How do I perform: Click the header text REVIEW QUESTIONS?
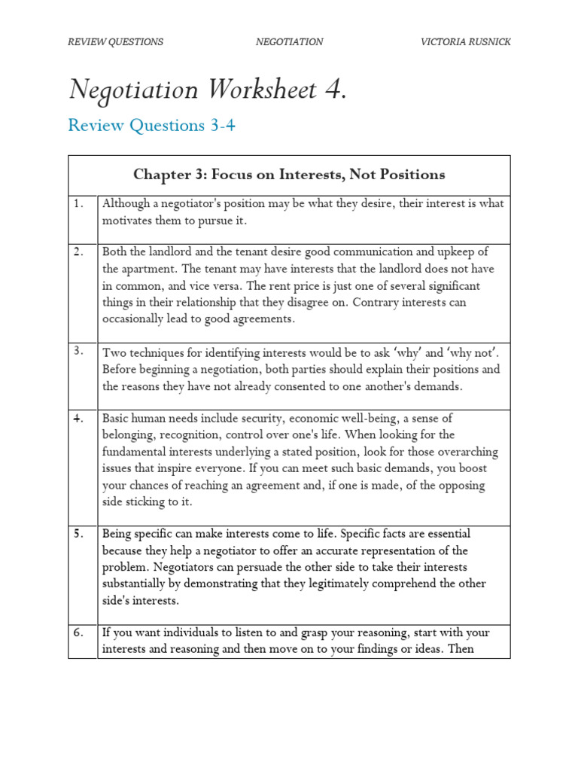pyautogui.click(x=115, y=42)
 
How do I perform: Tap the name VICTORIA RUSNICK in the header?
pyautogui.click(x=465, y=42)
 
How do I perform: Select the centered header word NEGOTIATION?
pyautogui.click(x=289, y=42)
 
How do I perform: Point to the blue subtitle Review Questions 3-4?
pyautogui.click(x=151, y=126)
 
